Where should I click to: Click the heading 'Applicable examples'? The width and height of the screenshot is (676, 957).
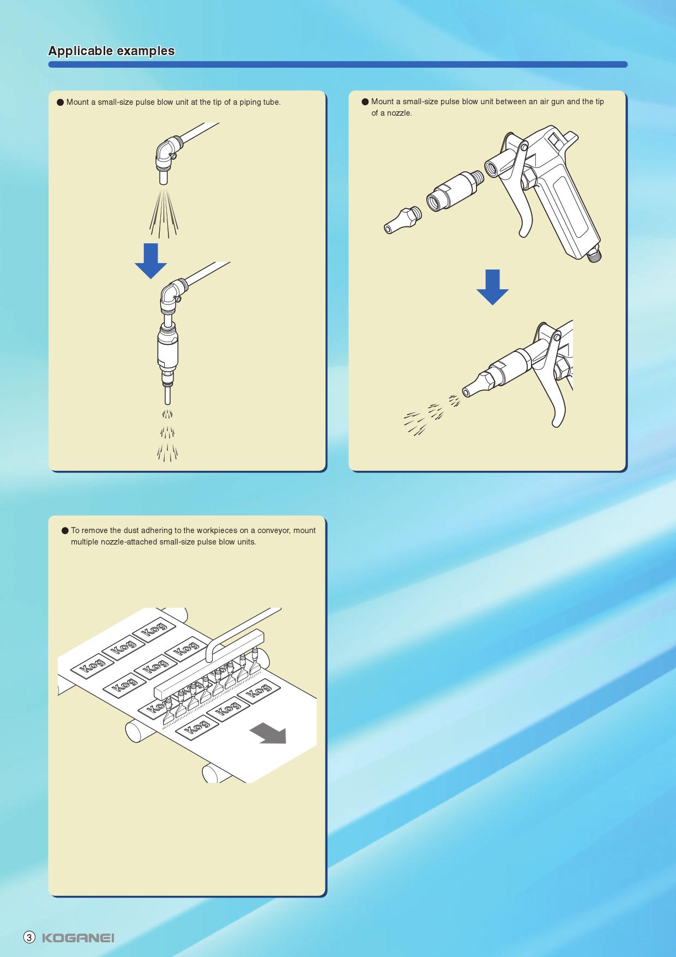pyautogui.click(x=111, y=51)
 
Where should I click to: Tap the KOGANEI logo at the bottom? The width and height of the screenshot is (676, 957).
pyautogui.click(x=78, y=937)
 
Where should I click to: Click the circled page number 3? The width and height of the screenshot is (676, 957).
pyautogui.click(x=29, y=937)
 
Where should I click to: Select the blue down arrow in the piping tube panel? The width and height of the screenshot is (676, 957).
pyautogui.click(x=150, y=261)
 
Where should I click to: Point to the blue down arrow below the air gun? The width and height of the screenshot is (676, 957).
pyautogui.click(x=492, y=287)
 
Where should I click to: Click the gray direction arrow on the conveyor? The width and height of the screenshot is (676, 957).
pyautogui.click(x=268, y=733)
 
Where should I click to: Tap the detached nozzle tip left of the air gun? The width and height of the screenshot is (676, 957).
pyautogui.click(x=402, y=220)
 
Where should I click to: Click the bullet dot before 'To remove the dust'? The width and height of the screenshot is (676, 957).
pyautogui.click(x=65, y=530)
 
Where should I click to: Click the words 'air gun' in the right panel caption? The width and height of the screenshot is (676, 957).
pyautogui.click(x=551, y=101)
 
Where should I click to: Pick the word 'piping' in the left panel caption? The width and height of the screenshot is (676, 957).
pyautogui.click(x=250, y=102)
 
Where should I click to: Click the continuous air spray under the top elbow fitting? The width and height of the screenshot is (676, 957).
pyautogui.click(x=164, y=214)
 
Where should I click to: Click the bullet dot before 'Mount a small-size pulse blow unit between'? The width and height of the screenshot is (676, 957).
pyautogui.click(x=365, y=101)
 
